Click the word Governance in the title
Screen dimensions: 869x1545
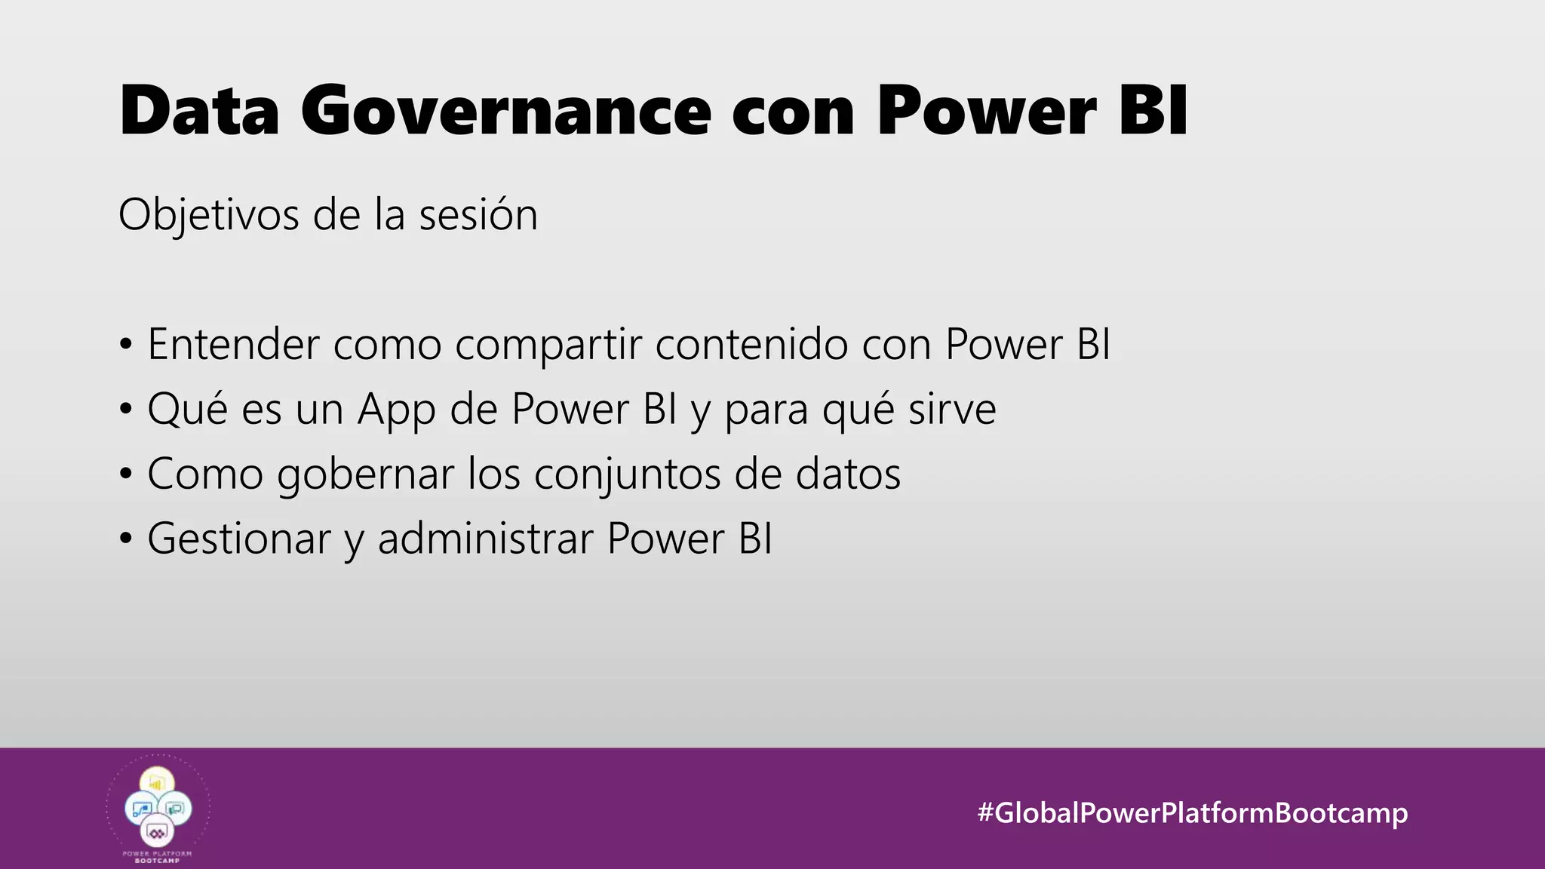[x=505, y=112]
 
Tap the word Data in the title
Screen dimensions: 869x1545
[x=199, y=112]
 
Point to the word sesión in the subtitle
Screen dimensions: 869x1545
[x=478, y=215]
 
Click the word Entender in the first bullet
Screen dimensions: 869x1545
[x=233, y=345]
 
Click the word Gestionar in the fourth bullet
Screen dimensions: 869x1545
[x=239, y=539]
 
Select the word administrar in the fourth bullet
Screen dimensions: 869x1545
[x=486, y=539]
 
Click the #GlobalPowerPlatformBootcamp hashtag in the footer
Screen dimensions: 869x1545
[x=1192, y=812]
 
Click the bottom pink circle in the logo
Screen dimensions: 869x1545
[x=158, y=832]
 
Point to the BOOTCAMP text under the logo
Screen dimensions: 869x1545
[x=158, y=861]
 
